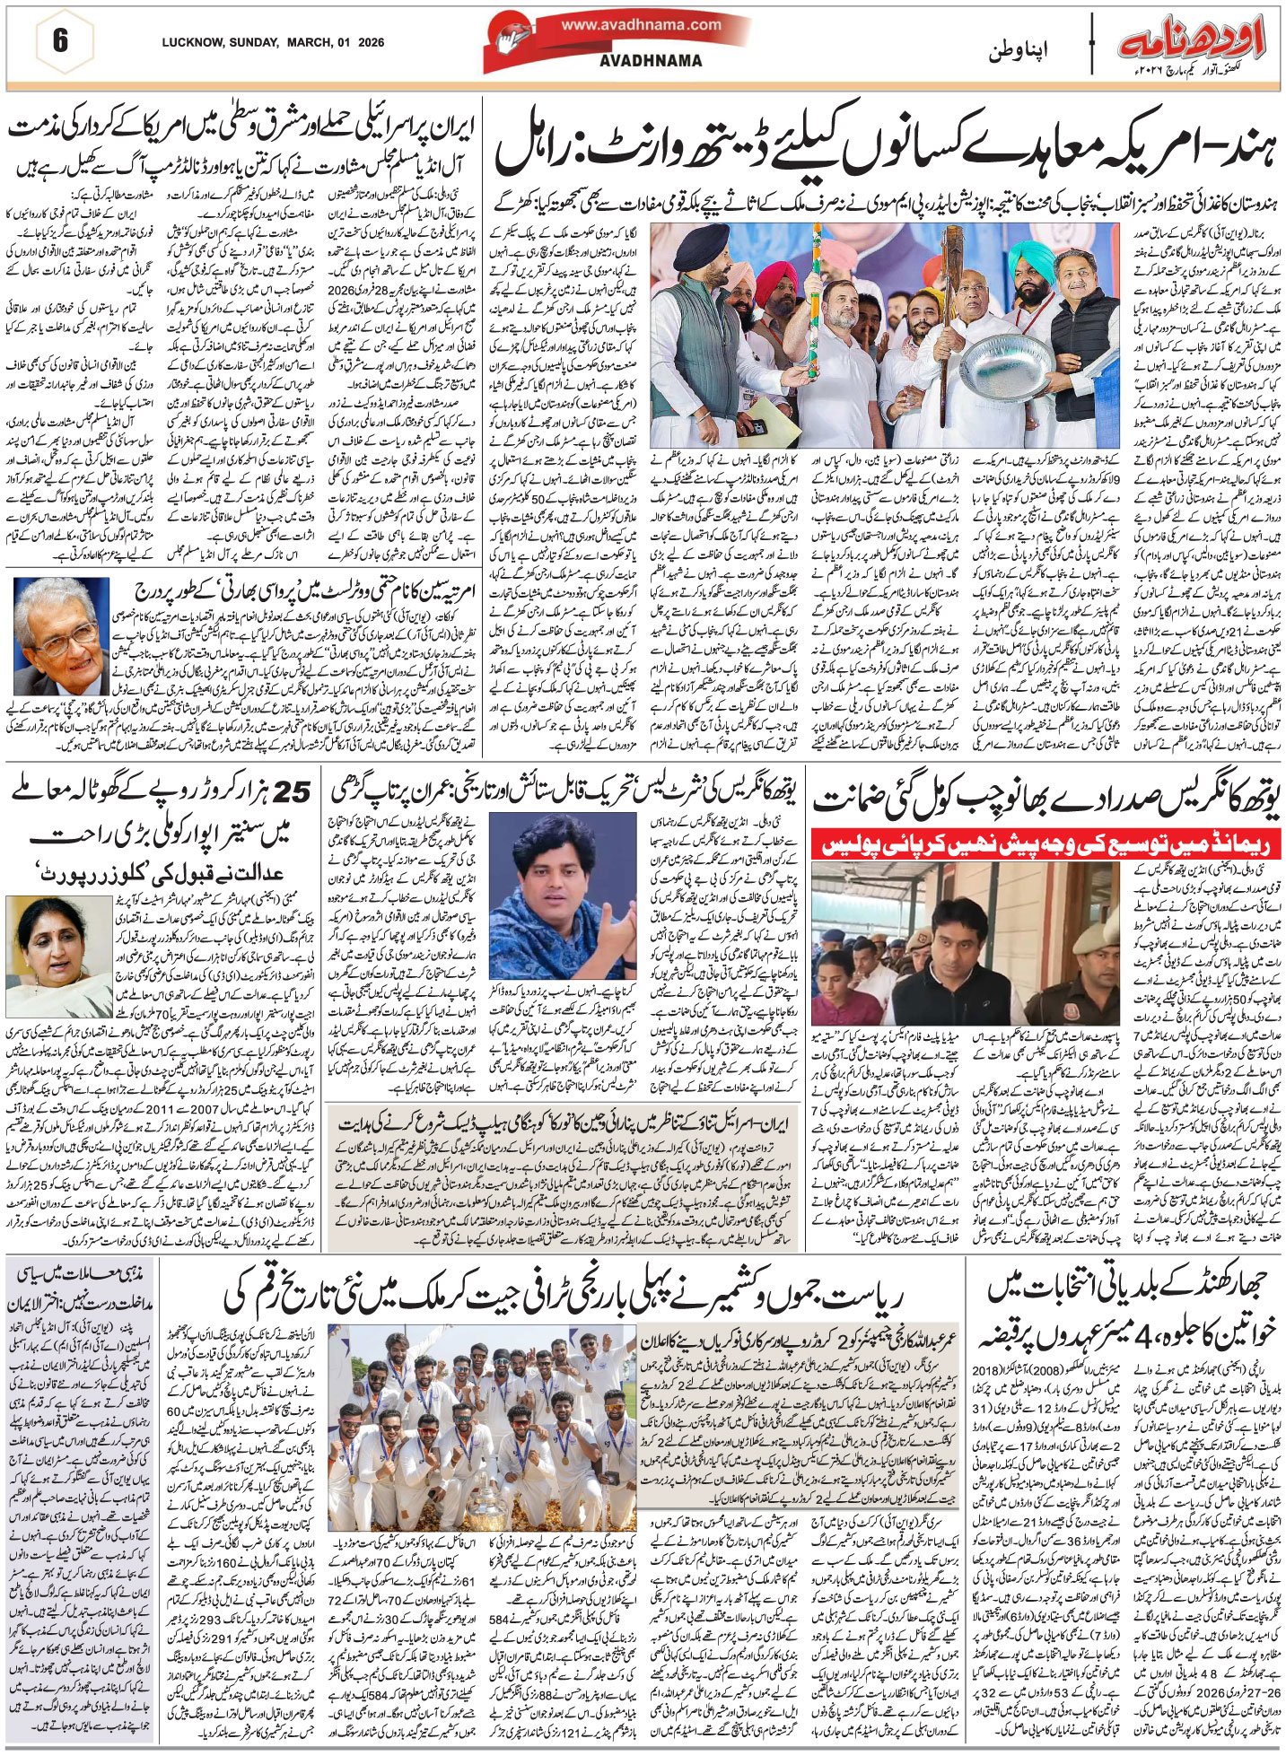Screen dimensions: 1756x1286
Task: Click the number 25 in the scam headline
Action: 295,792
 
